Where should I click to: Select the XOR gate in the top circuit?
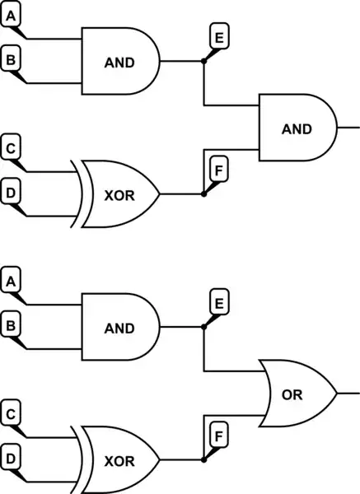[x=119, y=194]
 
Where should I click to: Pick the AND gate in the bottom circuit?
[x=119, y=328]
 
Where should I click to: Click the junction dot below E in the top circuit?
[x=203, y=62]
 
